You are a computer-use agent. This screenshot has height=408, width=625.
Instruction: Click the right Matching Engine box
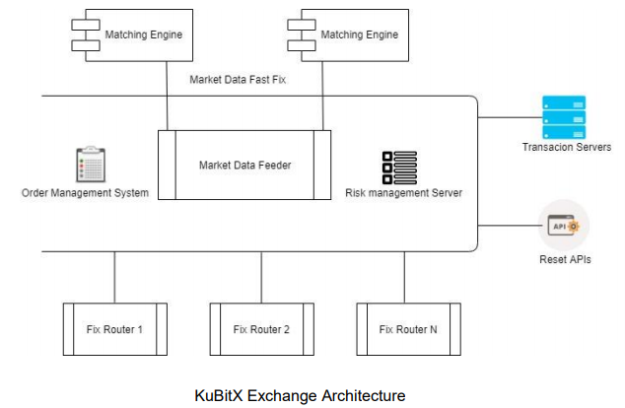click(x=350, y=35)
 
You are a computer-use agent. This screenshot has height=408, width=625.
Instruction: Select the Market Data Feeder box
click(x=243, y=165)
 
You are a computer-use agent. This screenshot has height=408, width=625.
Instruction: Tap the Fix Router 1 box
click(x=113, y=329)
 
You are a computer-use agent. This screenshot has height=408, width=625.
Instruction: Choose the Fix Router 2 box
click(x=260, y=329)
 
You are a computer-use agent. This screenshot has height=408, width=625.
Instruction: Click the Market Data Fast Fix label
click(x=238, y=80)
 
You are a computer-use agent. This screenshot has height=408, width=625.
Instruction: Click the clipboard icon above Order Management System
click(x=90, y=165)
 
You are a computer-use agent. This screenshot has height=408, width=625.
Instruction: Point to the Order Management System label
click(x=85, y=193)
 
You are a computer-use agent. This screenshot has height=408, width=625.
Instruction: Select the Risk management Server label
click(x=403, y=193)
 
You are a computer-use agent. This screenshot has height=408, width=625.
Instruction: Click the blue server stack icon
click(x=564, y=117)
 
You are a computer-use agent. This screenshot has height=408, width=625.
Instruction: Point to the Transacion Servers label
click(x=567, y=147)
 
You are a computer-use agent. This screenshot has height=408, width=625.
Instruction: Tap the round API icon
click(x=563, y=226)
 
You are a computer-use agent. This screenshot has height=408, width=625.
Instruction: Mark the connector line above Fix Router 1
click(x=114, y=277)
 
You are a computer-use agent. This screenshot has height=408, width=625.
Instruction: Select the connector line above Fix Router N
click(x=404, y=277)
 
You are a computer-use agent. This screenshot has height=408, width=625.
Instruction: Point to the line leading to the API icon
click(x=508, y=226)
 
